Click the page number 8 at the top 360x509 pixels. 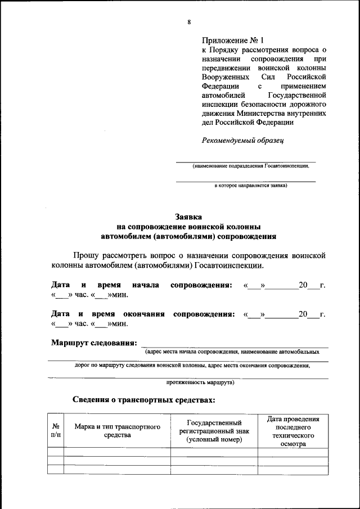(x=189, y=22)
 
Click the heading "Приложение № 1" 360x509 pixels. (x=232, y=40)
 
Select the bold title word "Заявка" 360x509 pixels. (x=189, y=217)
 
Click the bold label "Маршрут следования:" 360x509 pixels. (x=94, y=343)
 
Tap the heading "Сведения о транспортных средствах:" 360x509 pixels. (x=144, y=400)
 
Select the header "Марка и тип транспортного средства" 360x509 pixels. (x=118, y=430)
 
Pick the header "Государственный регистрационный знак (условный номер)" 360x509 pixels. (x=214, y=430)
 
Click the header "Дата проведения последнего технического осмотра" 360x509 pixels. (x=293, y=431)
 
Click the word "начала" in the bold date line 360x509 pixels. (x=145, y=285)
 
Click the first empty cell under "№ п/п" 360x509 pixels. (x=56, y=452)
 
